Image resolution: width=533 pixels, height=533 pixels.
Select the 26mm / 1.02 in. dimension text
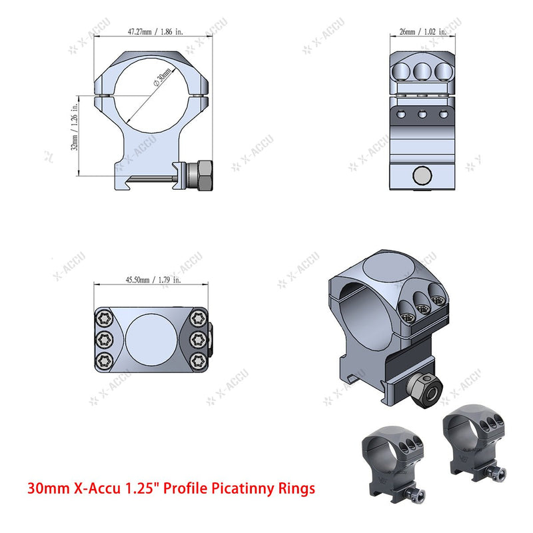coord(422,31)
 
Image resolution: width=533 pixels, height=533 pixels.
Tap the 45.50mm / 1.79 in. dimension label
coord(152,280)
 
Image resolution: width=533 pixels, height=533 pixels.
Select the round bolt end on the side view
coord(421,175)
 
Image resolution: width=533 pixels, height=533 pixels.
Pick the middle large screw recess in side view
coord(422,71)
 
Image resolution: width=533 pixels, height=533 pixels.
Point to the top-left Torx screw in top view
coord(104,317)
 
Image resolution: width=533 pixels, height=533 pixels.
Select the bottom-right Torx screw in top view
coord(198,360)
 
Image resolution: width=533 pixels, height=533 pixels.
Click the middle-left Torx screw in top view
coord(104,339)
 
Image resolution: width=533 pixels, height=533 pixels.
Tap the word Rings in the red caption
coord(297,489)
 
